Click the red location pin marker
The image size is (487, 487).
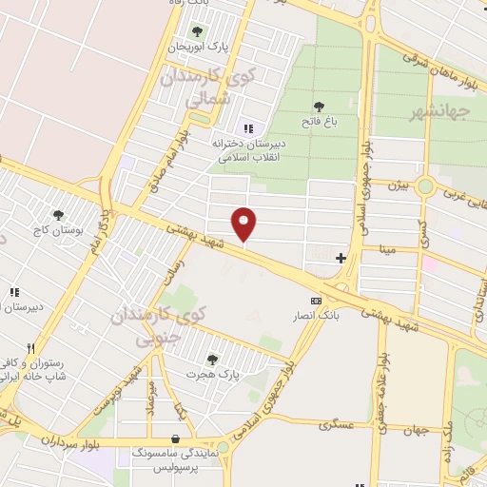click(244, 224)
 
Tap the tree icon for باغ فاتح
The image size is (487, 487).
click(318, 106)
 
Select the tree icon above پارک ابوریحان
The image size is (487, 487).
click(197, 31)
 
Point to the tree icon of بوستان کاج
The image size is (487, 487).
click(59, 215)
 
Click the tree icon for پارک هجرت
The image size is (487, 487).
click(211, 359)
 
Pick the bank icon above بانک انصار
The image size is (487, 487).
click(317, 300)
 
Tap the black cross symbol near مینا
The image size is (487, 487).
click(341, 257)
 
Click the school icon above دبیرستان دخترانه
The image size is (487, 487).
click(248, 128)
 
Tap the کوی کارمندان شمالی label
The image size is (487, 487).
click(204, 86)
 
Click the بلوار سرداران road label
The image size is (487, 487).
click(70, 441)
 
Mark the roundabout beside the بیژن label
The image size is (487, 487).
click(425, 186)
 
